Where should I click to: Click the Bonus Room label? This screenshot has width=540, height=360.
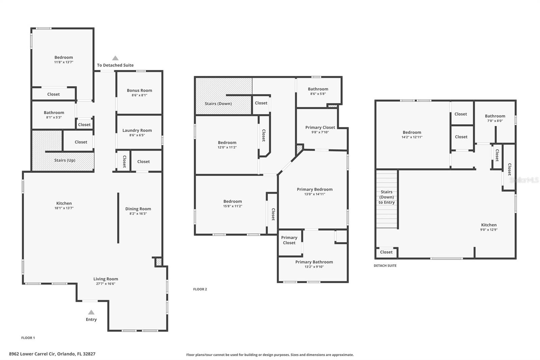point(139,91)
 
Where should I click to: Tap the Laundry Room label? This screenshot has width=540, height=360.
point(137,131)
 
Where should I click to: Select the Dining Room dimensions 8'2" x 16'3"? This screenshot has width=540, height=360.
point(138,213)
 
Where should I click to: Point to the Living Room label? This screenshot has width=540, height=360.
point(106,279)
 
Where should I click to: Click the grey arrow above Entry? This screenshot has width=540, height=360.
point(91,312)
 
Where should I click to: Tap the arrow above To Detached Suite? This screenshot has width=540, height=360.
point(115,58)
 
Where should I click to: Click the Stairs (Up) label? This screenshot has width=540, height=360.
point(65,160)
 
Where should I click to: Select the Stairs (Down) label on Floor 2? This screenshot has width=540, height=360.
point(218,104)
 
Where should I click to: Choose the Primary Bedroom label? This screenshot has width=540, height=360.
point(315,189)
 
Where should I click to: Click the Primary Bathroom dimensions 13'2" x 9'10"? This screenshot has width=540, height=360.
point(314,266)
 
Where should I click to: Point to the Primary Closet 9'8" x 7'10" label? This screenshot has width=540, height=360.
point(320,129)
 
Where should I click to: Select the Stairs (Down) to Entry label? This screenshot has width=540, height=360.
point(386,197)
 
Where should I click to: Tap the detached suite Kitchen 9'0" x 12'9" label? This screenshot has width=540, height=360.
point(489,227)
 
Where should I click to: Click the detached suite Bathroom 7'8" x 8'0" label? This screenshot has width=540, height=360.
point(495,118)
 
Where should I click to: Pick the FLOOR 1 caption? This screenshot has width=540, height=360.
point(28,338)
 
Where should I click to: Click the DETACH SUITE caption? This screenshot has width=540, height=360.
point(385,266)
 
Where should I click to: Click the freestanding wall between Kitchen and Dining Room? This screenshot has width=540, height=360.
point(118,218)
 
